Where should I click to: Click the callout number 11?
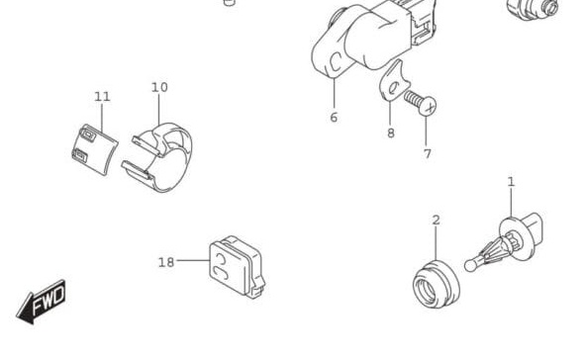click(x=102, y=96)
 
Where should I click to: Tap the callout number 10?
click(x=159, y=87)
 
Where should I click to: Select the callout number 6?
click(x=334, y=117)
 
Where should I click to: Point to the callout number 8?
click(x=390, y=133)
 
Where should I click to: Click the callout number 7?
click(x=428, y=153)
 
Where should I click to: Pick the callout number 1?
click(x=511, y=181)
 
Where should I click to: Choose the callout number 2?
click(x=436, y=220)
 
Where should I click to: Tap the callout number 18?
click(x=165, y=262)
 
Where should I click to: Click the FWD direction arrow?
click(x=44, y=302)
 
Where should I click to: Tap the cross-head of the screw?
click(x=427, y=105)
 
